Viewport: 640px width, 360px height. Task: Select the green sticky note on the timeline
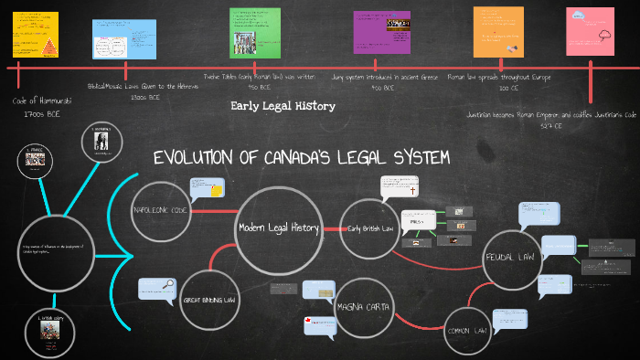(254, 32)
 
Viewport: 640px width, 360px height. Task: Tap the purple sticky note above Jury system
(381, 33)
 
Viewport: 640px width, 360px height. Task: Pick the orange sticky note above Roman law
(497, 31)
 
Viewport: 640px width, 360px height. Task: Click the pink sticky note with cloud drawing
(590, 31)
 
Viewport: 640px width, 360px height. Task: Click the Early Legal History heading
(283, 106)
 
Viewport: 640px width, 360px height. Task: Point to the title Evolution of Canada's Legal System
(301, 159)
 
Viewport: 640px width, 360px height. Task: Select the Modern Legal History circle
(278, 228)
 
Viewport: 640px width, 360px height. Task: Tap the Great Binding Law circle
(209, 298)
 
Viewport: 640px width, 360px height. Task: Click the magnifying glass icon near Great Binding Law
(168, 284)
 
